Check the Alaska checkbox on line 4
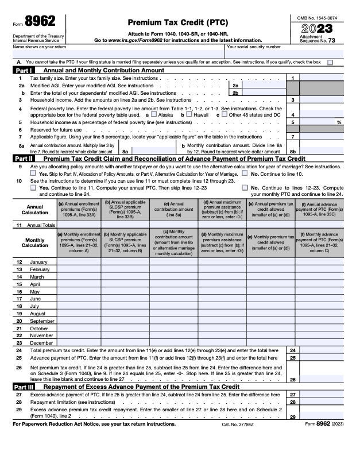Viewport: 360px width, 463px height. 154,114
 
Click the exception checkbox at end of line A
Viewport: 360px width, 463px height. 330,61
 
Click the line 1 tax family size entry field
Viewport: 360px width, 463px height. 321,78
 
